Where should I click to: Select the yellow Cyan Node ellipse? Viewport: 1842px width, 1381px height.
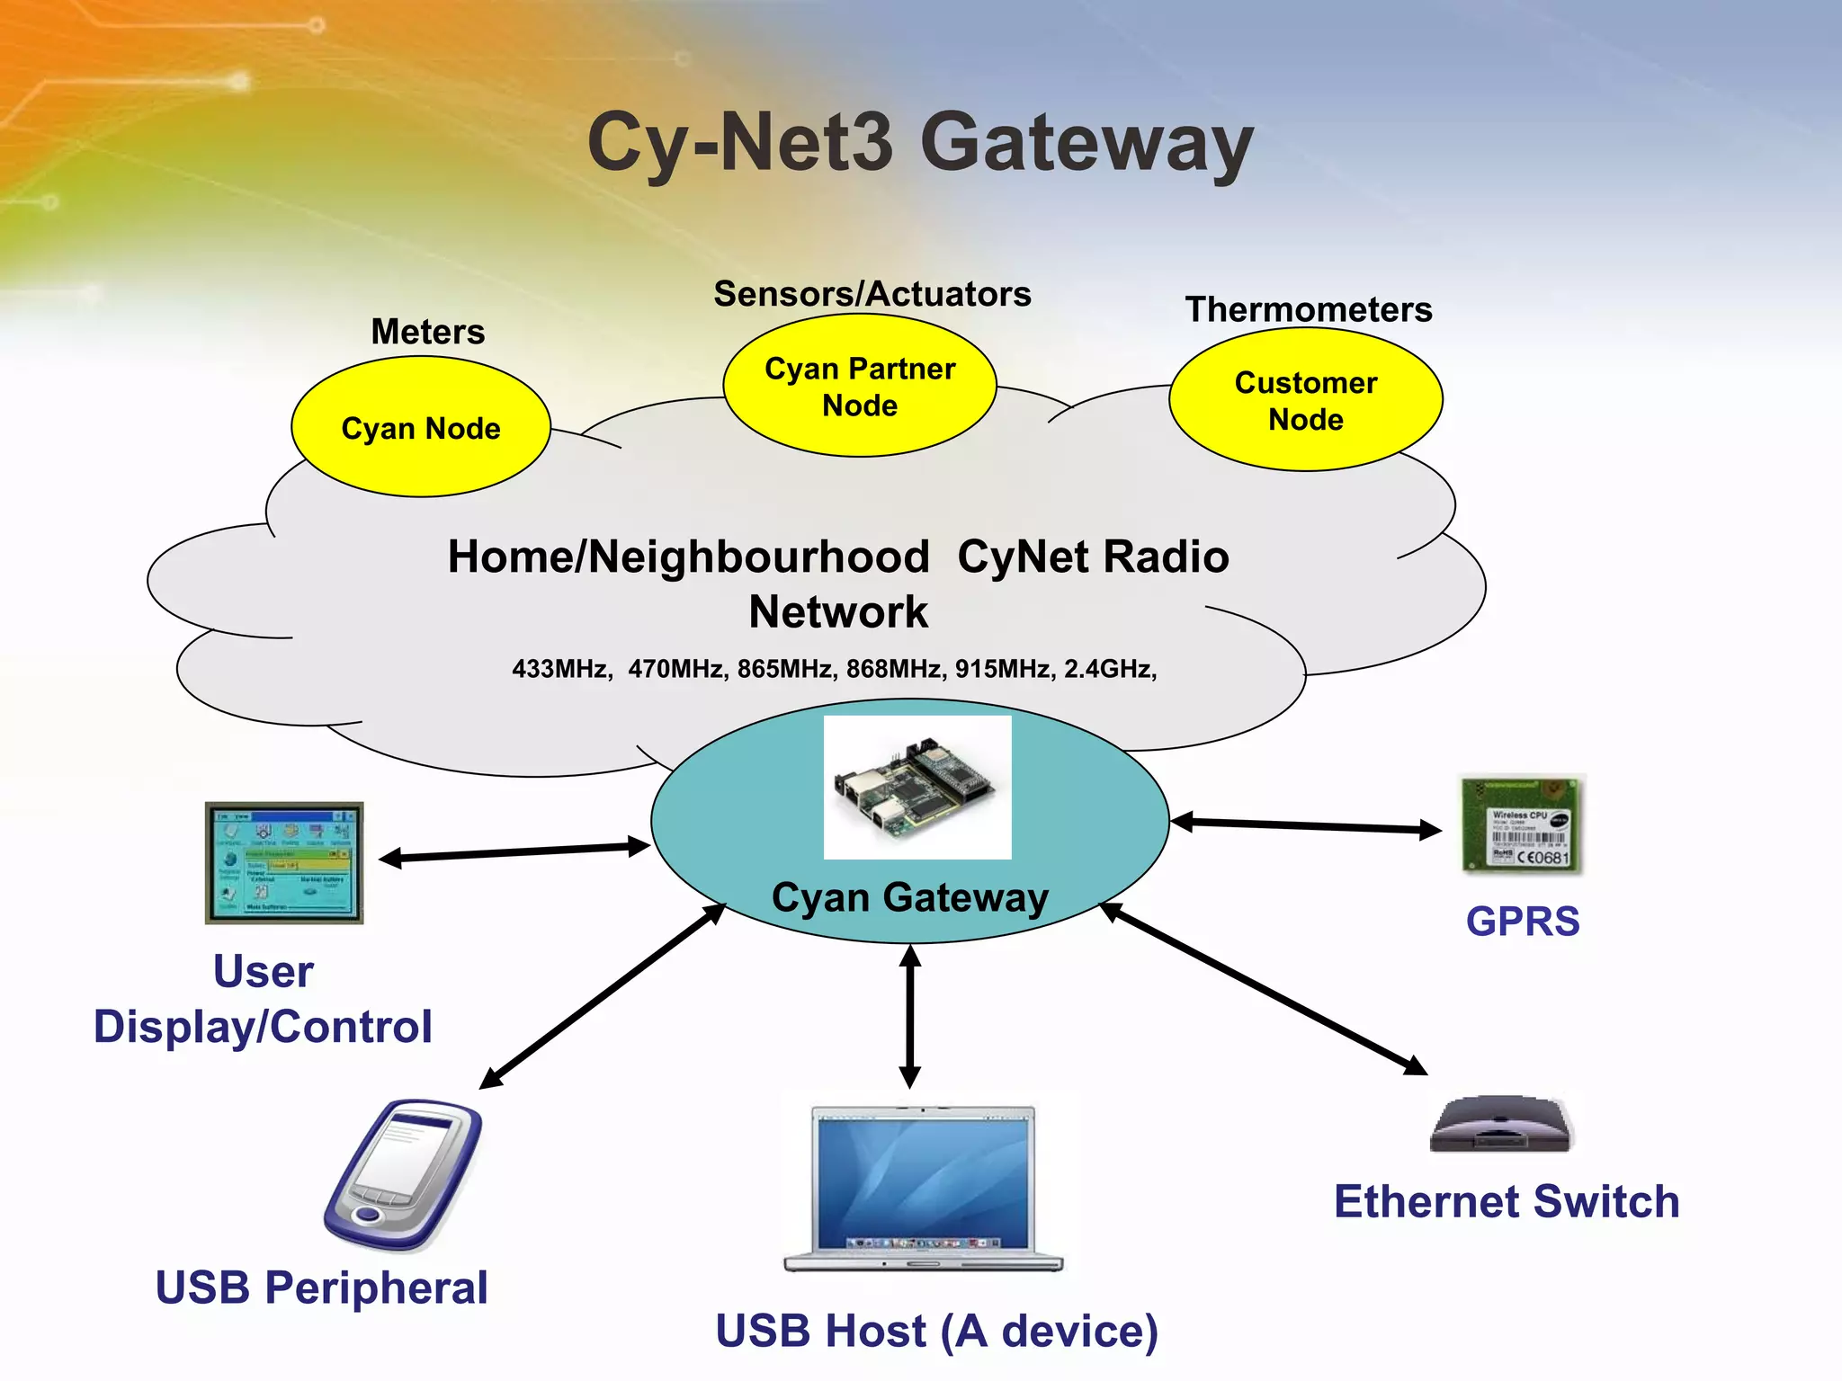pyautogui.click(x=421, y=427)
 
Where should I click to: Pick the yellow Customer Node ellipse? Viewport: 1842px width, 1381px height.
pyautogui.click(x=1306, y=400)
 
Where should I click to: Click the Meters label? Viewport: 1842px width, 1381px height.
pyautogui.click(x=428, y=332)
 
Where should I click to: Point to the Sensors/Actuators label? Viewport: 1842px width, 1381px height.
pyautogui.click(x=872, y=294)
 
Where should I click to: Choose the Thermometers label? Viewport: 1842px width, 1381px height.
pyautogui.click(x=1309, y=309)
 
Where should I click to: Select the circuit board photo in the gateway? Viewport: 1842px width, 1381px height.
pyautogui.click(x=917, y=788)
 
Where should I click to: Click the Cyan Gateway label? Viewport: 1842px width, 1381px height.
pyautogui.click(x=910, y=897)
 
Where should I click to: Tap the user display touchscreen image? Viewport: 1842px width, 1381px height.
pyautogui.click(x=284, y=863)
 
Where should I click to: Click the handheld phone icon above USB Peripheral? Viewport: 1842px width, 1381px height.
pyautogui.click(x=404, y=1173)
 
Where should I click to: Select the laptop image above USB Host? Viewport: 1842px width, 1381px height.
pyautogui.click(x=923, y=1187)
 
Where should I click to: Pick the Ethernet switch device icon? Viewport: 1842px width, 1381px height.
pyautogui.click(x=1500, y=1124)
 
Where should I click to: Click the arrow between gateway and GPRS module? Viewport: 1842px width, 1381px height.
pyautogui.click(x=1306, y=824)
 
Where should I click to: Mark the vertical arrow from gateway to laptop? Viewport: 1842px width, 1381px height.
pyautogui.click(x=910, y=1016)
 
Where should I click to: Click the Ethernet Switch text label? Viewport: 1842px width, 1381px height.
pyautogui.click(x=1507, y=1202)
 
